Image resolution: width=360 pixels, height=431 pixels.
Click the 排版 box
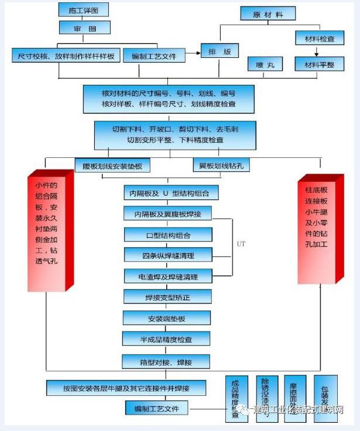click(x=220, y=52)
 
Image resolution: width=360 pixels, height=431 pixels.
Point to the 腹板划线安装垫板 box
click(x=112, y=165)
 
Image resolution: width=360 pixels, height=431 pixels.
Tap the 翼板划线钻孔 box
click(x=221, y=165)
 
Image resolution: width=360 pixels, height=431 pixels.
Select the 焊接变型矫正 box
click(x=167, y=297)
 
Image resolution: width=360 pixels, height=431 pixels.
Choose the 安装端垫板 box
click(x=167, y=318)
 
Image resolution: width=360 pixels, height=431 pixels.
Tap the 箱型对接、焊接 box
click(x=167, y=361)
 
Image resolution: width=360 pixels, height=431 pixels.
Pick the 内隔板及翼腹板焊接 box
click(x=167, y=213)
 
